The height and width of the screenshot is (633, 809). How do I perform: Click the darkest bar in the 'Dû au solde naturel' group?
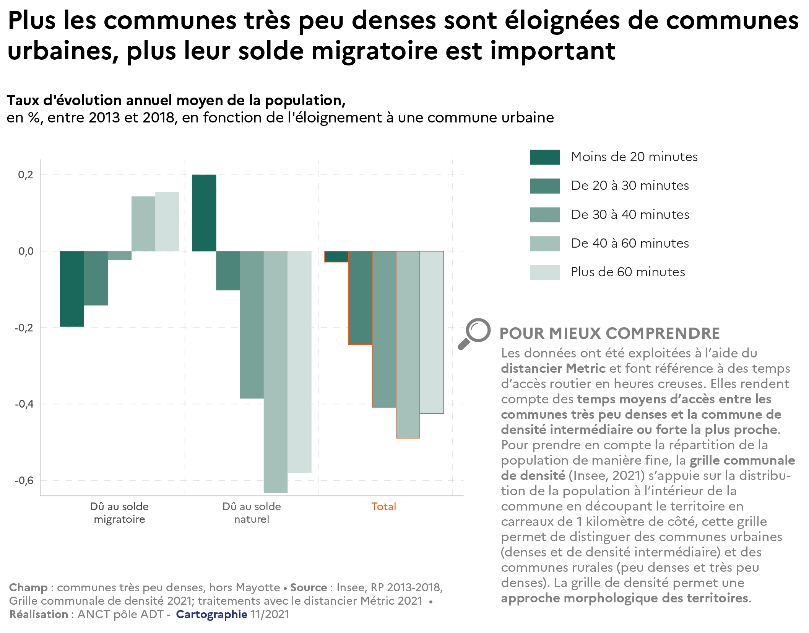pyautogui.click(x=204, y=213)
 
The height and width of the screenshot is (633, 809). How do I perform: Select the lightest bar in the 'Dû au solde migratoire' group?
pyautogui.click(x=167, y=222)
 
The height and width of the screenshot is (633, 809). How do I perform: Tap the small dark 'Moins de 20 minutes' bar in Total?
pyautogui.click(x=336, y=256)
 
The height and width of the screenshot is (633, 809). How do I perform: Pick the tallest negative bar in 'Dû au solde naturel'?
pyautogui.click(x=276, y=371)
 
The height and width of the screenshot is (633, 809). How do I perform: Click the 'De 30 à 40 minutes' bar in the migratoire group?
pyautogui.click(x=120, y=256)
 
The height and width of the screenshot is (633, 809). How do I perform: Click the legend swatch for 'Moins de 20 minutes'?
pyautogui.click(x=544, y=157)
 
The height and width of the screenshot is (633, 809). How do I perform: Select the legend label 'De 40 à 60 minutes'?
pyautogui.click(x=630, y=243)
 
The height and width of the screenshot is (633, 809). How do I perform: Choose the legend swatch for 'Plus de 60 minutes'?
pyautogui.click(x=544, y=272)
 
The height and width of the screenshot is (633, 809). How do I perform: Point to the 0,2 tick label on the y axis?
pyautogui.click(x=26, y=175)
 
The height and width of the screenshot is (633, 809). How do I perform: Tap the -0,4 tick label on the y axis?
pyautogui.click(x=24, y=404)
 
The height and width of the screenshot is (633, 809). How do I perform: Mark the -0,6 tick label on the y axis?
pyautogui.click(x=24, y=481)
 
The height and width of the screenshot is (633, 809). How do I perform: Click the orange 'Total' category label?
pyautogui.click(x=383, y=507)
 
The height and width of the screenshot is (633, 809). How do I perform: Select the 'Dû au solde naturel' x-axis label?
pyautogui.click(x=252, y=513)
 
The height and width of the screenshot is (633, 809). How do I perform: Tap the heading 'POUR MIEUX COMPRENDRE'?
pyautogui.click(x=609, y=333)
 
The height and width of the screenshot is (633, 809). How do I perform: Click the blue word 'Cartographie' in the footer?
pyautogui.click(x=211, y=614)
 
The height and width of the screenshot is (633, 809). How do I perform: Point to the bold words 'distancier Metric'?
pyautogui.click(x=553, y=369)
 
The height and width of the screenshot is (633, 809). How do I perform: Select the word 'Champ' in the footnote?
pyautogui.click(x=28, y=587)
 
